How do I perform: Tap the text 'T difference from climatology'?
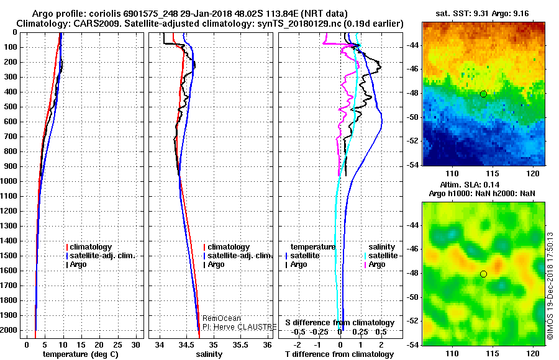[340, 354]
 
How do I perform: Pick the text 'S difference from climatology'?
[340, 323]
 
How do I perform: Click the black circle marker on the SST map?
[483, 94]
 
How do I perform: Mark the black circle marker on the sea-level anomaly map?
[483, 274]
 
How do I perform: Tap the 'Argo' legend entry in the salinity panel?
[216, 264]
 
